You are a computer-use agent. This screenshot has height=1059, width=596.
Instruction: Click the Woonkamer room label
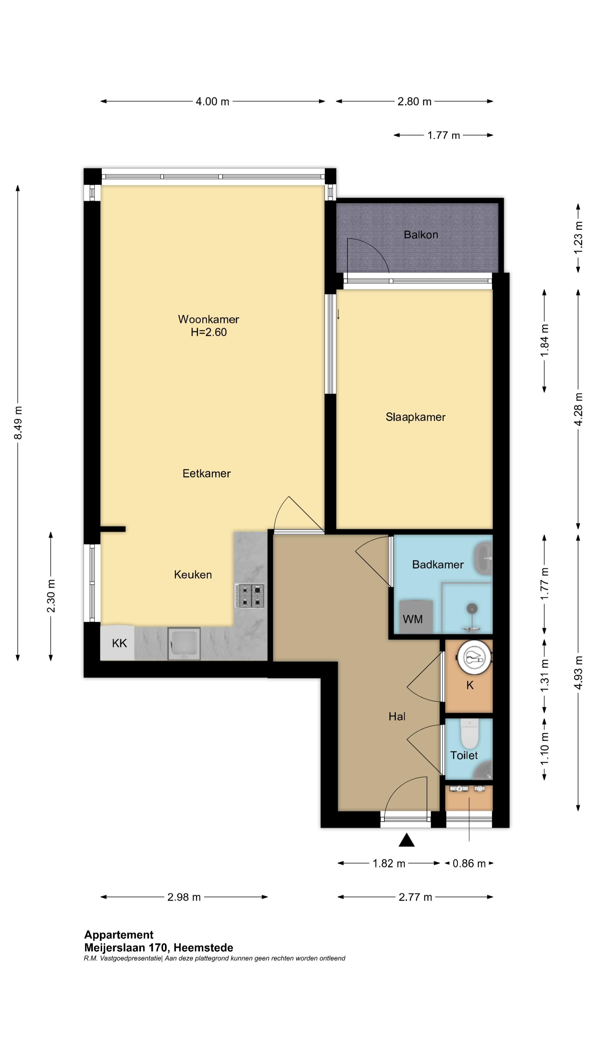pos(209,319)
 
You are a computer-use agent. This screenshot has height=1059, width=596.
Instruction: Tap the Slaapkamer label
pos(416,417)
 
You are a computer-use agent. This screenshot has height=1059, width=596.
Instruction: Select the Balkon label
pos(421,235)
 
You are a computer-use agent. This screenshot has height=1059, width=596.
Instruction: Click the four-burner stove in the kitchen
pos(249,596)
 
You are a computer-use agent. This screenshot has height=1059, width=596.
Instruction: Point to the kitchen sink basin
pos(184,643)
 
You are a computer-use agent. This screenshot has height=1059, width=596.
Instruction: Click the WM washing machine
pos(416,617)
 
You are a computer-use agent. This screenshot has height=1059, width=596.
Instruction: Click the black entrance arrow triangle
pos(406,840)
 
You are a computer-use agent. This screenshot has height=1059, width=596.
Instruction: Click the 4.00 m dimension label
pos(212,101)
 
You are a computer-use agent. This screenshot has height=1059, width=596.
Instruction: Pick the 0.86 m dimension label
pos(469,863)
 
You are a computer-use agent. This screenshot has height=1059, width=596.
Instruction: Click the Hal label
pos(397,716)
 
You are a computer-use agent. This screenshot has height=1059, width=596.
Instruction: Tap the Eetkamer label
pos(206,473)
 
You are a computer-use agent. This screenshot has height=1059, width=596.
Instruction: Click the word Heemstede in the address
pos(203,948)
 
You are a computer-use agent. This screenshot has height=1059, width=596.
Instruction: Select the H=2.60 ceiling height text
pos(209,332)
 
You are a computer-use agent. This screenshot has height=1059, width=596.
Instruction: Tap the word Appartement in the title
pos(119,935)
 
